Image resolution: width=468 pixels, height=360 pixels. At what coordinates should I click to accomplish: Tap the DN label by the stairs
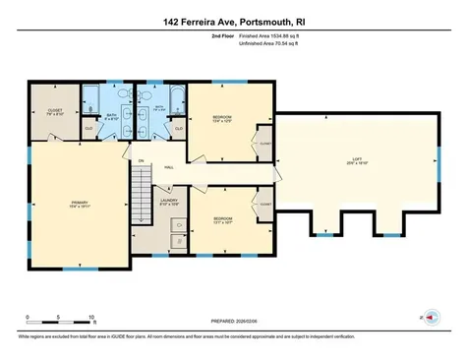click(141, 160)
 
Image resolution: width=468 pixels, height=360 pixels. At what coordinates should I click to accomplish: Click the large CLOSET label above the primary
click(55, 110)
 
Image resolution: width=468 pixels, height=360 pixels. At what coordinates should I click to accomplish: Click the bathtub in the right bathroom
click(176, 98)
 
